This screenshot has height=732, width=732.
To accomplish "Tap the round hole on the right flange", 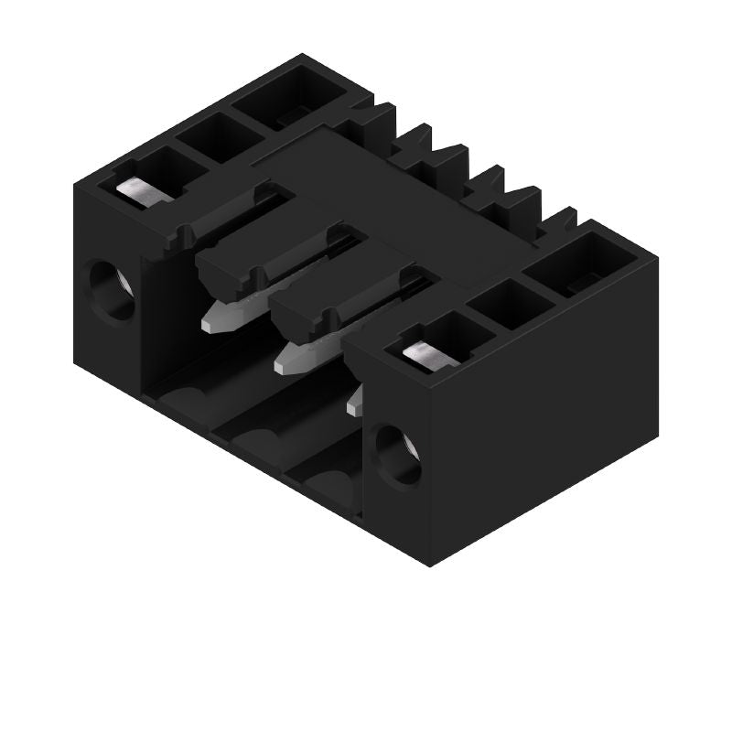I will coord(398,455).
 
